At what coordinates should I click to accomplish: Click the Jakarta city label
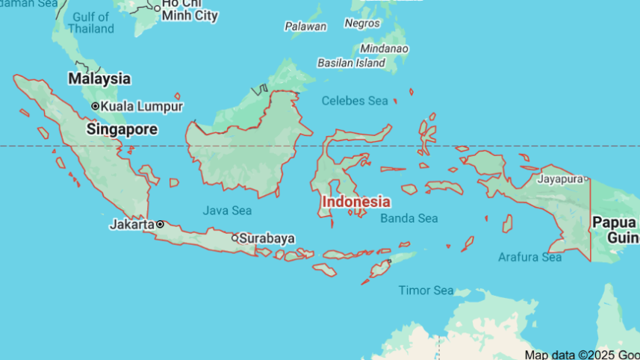tap(131, 224)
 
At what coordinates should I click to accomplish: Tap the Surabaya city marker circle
tap(234, 238)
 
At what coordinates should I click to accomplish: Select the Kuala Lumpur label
tap(142, 106)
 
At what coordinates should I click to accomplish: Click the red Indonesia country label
tap(355, 202)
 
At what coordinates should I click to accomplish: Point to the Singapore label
tap(122, 129)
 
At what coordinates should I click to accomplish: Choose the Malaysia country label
tap(99, 78)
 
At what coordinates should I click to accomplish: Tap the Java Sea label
tap(227, 211)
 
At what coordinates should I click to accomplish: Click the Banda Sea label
tap(408, 218)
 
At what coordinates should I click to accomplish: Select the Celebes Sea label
tap(355, 101)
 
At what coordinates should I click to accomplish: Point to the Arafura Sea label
tap(529, 258)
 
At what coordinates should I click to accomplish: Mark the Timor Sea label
tap(426, 290)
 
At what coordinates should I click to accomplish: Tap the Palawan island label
tap(305, 26)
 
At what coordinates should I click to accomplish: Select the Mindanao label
tap(385, 49)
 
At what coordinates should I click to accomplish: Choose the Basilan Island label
tap(351, 63)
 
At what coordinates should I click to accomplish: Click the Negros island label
tap(362, 23)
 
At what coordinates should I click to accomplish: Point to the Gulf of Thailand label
tap(91, 22)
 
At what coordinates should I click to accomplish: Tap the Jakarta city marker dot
tap(160, 224)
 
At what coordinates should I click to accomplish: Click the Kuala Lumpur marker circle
tap(95, 106)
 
